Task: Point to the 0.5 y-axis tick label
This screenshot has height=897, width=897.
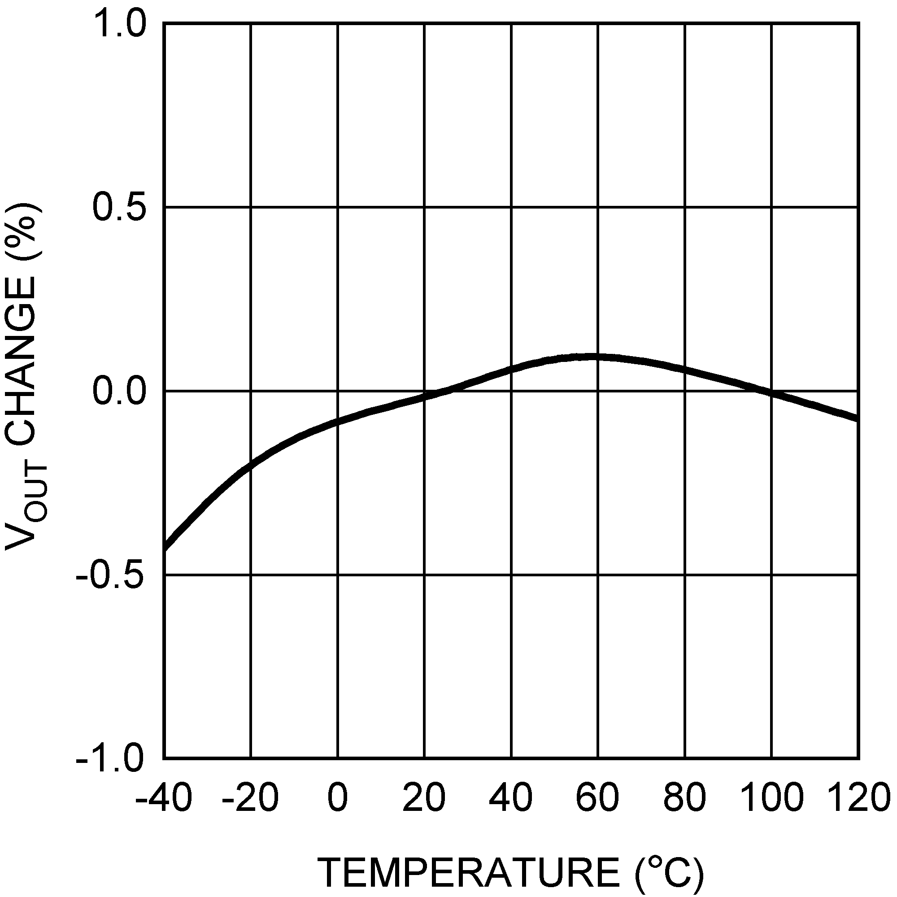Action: (x=120, y=207)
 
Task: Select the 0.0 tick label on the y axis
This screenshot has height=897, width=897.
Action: (x=120, y=392)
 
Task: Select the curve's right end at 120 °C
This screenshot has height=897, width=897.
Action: (x=858, y=418)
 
